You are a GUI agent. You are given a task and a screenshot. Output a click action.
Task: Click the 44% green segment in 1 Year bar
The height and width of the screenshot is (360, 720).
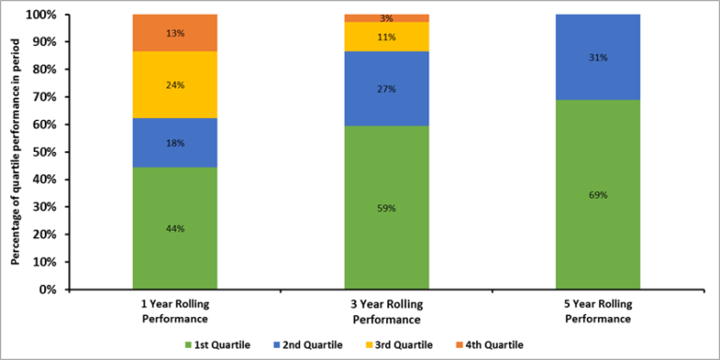(x=174, y=228)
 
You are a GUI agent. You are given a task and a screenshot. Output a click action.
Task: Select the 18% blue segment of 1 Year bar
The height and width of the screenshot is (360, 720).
(x=174, y=142)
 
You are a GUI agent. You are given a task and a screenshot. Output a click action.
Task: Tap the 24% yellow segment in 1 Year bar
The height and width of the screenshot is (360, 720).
(x=174, y=84)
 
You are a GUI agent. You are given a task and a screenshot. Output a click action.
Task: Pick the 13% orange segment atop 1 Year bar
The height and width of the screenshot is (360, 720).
(x=174, y=33)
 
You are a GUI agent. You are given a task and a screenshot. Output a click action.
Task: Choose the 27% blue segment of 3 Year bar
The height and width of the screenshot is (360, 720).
(x=386, y=90)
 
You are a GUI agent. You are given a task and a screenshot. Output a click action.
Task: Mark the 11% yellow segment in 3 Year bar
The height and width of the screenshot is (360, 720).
(x=386, y=37)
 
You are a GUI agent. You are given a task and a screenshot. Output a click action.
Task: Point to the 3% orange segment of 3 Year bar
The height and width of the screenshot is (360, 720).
(x=386, y=18)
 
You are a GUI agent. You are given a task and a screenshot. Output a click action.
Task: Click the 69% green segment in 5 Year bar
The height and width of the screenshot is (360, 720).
(x=598, y=195)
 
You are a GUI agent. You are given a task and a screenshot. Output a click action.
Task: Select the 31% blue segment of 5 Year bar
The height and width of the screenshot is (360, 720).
(x=598, y=58)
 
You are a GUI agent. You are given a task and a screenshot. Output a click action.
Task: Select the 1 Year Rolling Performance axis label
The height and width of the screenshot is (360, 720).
(x=174, y=312)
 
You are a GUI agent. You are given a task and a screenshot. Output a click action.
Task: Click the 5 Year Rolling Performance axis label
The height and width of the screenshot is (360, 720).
(x=598, y=312)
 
